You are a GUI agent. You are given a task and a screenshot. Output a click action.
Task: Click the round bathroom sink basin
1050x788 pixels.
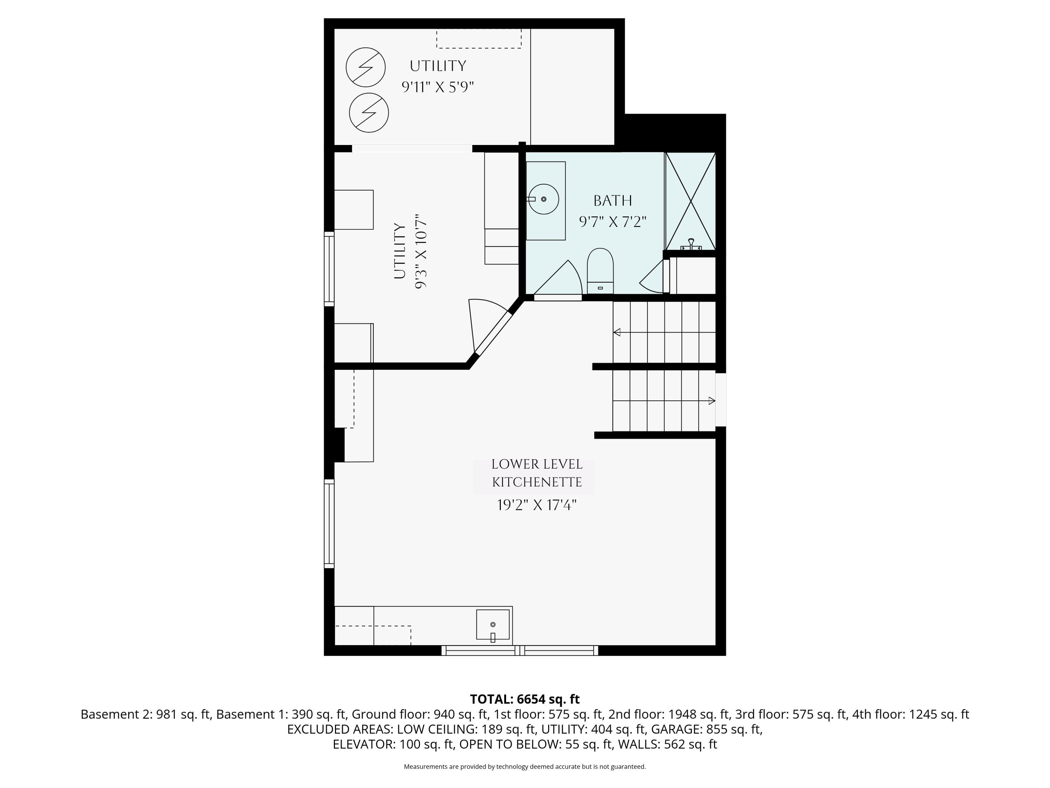click(544, 199)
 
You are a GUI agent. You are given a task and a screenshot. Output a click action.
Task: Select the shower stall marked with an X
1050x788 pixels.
click(690, 201)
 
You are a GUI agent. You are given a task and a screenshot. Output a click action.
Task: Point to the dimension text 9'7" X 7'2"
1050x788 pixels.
click(613, 222)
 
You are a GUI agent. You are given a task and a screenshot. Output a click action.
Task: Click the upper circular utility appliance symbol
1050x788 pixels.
click(365, 68)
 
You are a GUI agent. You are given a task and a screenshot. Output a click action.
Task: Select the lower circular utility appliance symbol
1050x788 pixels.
click(369, 113)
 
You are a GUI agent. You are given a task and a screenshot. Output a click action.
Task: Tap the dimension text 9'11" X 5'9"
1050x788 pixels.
click(437, 87)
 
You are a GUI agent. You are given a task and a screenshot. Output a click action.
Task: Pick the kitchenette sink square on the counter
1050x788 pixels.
click(493, 624)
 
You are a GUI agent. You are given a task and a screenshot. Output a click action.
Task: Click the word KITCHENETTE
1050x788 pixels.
click(537, 483)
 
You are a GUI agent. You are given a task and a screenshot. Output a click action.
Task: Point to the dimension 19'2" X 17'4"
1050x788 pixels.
click(537, 505)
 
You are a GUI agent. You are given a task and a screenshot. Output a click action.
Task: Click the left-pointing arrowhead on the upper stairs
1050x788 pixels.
click(617, 332)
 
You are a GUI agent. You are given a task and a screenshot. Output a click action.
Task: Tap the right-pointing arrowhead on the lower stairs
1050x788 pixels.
click(712, 401)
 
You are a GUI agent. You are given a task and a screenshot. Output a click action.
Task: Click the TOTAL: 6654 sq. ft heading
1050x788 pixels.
click(525, 699)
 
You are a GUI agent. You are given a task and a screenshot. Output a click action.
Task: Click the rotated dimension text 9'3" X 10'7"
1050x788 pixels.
click(421, 254)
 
